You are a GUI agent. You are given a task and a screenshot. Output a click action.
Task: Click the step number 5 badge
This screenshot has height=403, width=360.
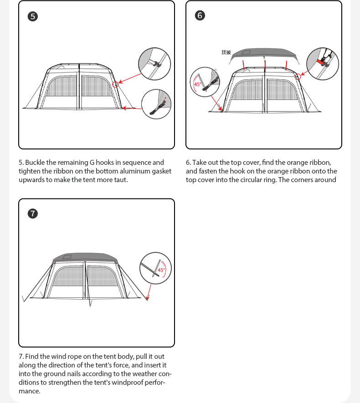33,16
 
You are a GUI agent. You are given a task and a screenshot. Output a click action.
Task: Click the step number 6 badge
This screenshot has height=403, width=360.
200,15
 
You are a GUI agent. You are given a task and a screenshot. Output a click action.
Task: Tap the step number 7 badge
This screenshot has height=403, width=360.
33,214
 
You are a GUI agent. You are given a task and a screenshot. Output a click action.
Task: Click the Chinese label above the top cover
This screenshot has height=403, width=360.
226,52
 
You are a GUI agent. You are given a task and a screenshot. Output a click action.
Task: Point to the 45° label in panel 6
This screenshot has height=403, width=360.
197,84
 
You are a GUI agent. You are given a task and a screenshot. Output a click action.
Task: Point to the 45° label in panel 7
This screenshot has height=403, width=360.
161,270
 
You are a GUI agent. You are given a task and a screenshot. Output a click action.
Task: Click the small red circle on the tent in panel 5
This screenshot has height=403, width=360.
115,84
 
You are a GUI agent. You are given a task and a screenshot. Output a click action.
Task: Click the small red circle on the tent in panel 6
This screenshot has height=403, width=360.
298,77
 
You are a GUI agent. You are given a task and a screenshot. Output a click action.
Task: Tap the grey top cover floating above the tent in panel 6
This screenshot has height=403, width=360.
264,54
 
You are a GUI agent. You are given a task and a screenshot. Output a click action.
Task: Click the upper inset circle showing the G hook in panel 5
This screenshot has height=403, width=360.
154,64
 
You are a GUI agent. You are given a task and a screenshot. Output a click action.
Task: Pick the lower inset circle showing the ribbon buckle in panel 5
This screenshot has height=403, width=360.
156,104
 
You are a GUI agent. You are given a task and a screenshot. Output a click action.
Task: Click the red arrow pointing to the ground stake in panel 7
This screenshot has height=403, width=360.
149,292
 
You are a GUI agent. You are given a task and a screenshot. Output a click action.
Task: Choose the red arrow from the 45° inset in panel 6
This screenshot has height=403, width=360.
216,103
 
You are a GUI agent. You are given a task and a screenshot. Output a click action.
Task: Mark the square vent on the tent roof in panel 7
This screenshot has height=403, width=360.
67,257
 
